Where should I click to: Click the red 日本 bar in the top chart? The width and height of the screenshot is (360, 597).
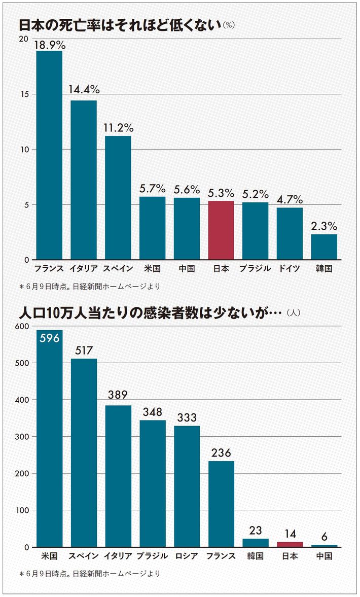point(221,230)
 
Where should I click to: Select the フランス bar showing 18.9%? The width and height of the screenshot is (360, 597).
point(49,155)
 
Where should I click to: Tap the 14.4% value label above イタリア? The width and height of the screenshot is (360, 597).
point(84,90)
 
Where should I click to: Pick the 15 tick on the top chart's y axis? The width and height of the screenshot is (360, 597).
point(25,94)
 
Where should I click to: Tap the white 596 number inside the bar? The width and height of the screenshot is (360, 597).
point(49,339)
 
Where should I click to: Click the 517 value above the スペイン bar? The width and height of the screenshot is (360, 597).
point(84,350)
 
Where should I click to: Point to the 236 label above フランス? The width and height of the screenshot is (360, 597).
point(221,452)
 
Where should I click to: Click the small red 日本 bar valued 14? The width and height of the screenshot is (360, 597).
point(290,544)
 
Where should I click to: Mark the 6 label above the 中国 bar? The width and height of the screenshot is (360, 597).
point(324,536)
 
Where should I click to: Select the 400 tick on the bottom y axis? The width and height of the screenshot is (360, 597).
point(23,400)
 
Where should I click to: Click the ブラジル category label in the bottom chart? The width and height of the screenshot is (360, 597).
point(152,556)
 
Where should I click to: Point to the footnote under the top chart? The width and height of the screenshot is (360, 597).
point(90,287)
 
